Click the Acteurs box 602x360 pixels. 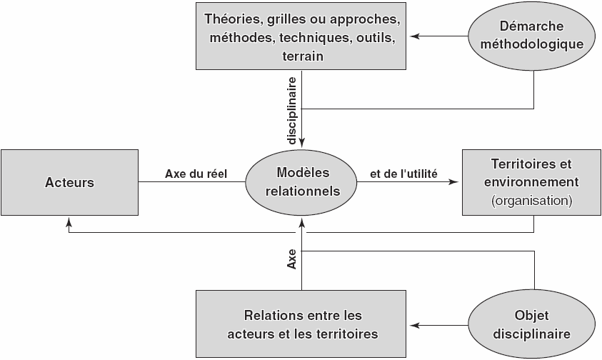pos(69,182)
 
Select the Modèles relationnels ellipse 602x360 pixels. pos(301,181)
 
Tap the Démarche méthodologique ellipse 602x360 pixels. pos(532,36)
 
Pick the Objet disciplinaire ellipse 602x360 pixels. pos(532,325)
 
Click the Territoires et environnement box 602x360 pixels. pos(532,182)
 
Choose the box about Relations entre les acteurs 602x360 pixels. pos(301,324)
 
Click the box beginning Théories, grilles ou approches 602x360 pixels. pos(301,36)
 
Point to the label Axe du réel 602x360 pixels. pos(196,174)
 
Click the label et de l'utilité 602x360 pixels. pos(403,174)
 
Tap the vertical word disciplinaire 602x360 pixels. pos(292,111)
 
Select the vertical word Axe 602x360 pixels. pos(292,259)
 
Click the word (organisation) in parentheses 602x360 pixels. pos(532,201)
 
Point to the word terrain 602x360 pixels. pos(303,56)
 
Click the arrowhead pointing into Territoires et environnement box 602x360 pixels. pos(455,181)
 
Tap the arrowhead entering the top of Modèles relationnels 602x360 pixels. pos(302,144)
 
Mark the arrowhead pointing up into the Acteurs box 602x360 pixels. pos(69,222)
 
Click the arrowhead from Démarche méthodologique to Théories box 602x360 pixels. pos(415,36)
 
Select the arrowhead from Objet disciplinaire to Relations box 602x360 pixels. pos(415,326)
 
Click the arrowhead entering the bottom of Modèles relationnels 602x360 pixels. pos(302,221)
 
